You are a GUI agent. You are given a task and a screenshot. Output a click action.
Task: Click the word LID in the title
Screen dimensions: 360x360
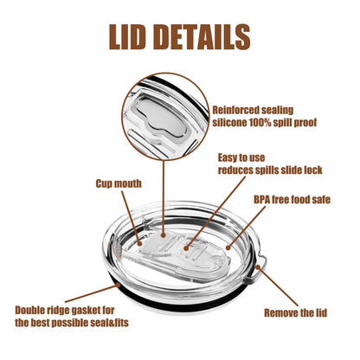127,37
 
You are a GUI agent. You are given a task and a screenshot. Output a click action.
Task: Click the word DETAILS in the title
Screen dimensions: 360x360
202,37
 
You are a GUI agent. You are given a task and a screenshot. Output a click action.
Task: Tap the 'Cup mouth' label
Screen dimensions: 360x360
119,183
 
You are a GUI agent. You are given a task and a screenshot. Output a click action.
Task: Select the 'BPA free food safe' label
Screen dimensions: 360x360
292,200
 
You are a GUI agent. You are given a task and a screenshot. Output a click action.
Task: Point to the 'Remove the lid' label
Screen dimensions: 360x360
296,313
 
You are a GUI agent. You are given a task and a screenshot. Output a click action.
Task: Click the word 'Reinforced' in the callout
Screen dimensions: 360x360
235,110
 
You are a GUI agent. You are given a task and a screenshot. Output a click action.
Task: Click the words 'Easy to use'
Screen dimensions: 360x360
241,157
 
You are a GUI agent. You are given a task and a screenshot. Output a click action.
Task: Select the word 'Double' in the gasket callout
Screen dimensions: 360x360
31,311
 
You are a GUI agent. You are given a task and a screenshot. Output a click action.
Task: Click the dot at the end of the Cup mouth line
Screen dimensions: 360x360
139,244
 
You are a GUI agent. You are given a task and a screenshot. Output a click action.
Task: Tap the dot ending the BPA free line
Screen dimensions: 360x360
228,247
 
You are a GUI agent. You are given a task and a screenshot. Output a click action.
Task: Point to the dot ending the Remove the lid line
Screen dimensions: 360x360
258,267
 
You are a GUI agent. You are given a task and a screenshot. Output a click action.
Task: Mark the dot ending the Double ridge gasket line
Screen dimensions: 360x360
118,286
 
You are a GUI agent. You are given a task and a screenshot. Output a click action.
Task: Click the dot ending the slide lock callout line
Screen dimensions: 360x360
186,247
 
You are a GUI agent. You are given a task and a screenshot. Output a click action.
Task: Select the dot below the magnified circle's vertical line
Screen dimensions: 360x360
164,235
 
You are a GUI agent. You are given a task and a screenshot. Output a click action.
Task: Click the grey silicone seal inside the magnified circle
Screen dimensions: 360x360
162,117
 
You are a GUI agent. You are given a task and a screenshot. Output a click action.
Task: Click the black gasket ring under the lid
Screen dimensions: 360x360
179,306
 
